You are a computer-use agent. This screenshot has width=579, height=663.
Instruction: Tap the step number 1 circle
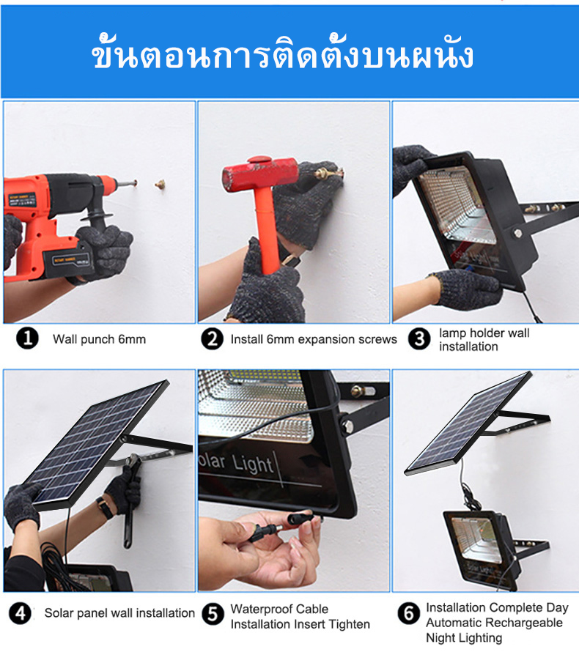28,338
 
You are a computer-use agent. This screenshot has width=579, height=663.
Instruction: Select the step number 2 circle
212,339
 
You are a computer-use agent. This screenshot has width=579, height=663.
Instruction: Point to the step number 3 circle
419,339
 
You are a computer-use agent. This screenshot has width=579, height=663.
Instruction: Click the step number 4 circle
20,613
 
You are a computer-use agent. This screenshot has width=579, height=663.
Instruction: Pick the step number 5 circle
213,614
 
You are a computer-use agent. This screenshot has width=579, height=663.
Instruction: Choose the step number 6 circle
408,613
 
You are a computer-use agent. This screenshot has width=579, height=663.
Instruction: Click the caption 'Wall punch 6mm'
100,339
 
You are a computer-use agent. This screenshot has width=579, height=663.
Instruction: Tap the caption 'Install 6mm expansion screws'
314,339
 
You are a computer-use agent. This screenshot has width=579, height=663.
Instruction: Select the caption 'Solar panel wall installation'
119,613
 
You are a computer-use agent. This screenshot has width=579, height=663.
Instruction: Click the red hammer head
260,172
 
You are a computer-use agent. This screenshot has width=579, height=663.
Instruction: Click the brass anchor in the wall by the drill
160,185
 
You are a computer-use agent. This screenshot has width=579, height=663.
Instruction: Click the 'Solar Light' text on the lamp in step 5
236,464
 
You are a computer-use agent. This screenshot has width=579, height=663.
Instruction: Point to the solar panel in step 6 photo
468,423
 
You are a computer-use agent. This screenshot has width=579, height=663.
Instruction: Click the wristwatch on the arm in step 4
104,507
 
